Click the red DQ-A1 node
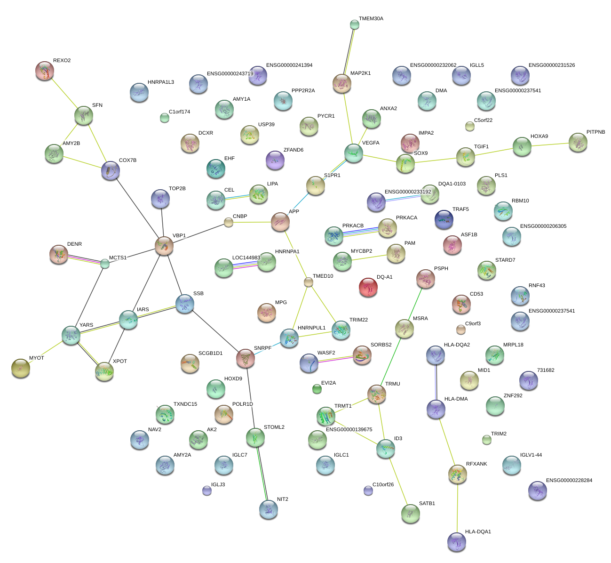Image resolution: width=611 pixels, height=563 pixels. (368, 287)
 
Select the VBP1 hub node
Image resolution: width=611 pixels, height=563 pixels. (164, 246)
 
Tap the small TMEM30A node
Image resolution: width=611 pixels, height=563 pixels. (355, 24)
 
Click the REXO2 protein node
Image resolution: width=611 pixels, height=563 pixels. (45, 71)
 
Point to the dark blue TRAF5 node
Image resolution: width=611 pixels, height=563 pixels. (444, 219)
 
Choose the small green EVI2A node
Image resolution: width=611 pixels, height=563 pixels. (317, 389)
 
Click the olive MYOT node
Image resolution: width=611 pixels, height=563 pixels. (21, 368)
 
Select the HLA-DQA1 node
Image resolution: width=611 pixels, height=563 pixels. (457, 542)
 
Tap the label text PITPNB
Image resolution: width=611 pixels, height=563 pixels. (596, 132)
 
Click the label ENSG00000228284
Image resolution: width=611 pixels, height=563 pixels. (569, 481)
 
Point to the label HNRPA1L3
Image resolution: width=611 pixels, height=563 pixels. (161, 82)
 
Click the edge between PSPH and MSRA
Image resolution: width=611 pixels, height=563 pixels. (415, 303)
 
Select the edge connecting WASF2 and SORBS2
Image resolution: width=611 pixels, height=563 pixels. (335, 359)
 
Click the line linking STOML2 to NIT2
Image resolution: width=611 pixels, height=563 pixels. (262, 474)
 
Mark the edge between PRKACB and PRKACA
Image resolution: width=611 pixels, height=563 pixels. (361, 232)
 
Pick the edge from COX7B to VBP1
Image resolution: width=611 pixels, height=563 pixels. (137, 208)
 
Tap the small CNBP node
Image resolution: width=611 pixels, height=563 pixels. (229, 223)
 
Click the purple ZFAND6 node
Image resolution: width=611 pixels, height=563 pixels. (275, 160)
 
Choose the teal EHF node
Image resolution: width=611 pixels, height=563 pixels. (216, 169)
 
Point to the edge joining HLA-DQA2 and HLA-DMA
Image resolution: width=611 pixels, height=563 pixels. (436, 382)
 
